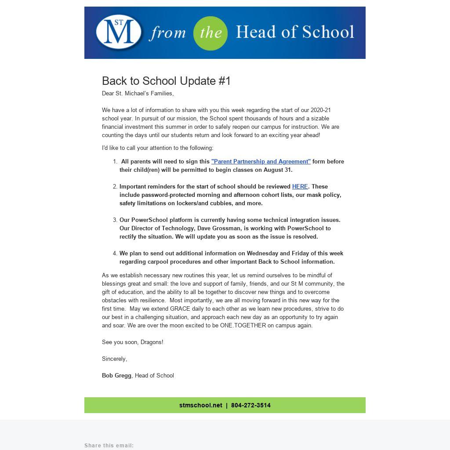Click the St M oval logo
click(119, 32)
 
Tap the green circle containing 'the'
click(210, 33)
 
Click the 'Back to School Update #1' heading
click(166, 81)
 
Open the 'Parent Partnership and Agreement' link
click(261, 161)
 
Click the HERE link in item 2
click(300, 186)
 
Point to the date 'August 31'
click(277, 170)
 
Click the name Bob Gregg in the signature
click(116, 375)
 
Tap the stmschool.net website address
click(200, 405)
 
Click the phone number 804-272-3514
click(250, 405)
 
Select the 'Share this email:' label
click(109, 446)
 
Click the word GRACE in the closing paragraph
click(180, 308)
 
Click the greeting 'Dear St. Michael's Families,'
click(138, 93)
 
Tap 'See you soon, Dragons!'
click(132, 342)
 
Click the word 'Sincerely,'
click(114, 359)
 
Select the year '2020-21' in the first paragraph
click(320, 110)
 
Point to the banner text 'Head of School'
click(294, 32)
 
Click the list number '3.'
click(115, 220)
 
